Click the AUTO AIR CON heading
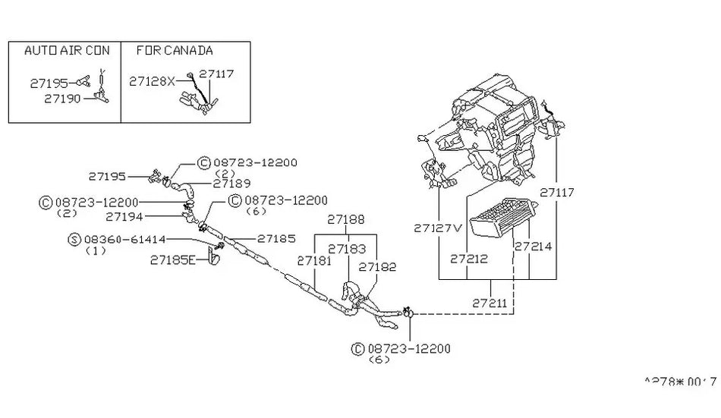[x=67, y=51]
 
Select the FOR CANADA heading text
[x=175, y=51]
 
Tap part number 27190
[x=62, y=99]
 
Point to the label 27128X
[x=152, y=80]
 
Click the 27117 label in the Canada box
[x=216, y=74]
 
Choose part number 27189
[x=232, y=183]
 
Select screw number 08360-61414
[x=126, y=239]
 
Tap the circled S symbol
[x=74, y=239]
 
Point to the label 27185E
[x=173, y=259]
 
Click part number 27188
[x=347, y=219]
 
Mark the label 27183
[x=347, y=248]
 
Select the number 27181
[x=315, y=260]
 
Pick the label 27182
[x=377, y=267]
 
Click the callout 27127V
[x=438, y=228]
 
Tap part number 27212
[x=468, y=259]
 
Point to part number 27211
[x=490, y=302]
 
